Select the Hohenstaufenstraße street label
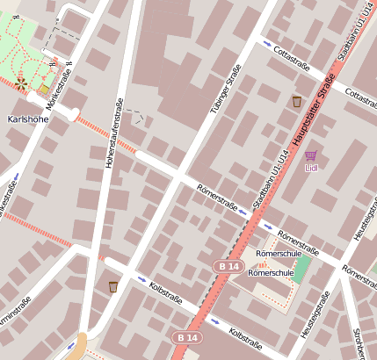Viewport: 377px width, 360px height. click(x=113, y=134)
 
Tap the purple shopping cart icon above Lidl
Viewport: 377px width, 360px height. click(x=310, y=155)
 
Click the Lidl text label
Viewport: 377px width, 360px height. click(x=311, y=168)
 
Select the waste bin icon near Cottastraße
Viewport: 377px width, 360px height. click(x=296, y=101)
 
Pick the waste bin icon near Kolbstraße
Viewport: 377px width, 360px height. click(x=113, y=286)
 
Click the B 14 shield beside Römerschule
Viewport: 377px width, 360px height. click(x=228, y=265)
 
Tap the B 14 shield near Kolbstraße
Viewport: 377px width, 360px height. click(x=185, y=337)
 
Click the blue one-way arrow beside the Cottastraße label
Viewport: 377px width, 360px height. click(x=267, y=43)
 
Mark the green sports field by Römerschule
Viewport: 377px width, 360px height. click(x=302, y=269)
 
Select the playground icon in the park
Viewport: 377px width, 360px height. click(x=21, y=84)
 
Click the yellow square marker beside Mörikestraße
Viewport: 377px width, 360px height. click(x=44, y=90)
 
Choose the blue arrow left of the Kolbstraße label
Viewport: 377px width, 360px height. click(x=142, y=279)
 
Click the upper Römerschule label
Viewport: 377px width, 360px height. click(x=272, y=254)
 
